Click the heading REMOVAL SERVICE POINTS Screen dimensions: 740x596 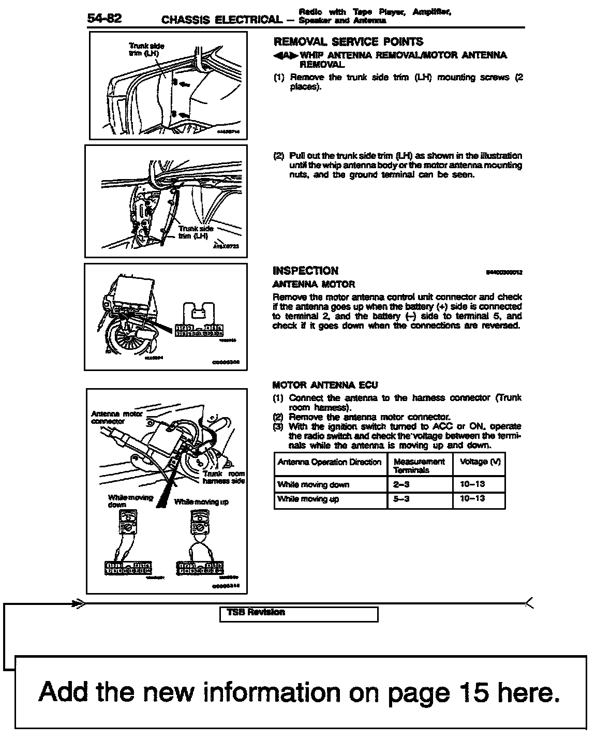point(348,42)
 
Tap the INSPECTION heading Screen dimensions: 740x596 point(305,271)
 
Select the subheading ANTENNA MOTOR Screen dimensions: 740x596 point(314,284)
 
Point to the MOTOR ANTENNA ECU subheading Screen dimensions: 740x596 point(325,385)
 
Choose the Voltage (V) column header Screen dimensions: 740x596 point(480,461)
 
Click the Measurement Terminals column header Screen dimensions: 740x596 point(419,465)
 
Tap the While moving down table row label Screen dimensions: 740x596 point(313,484)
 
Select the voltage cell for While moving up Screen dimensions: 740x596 point(472,499)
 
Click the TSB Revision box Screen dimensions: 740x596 point(299,614)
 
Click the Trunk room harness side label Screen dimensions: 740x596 point(224,477)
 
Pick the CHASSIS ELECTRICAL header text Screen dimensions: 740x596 point(221,20)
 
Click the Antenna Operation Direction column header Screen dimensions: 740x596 point(329,462)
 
